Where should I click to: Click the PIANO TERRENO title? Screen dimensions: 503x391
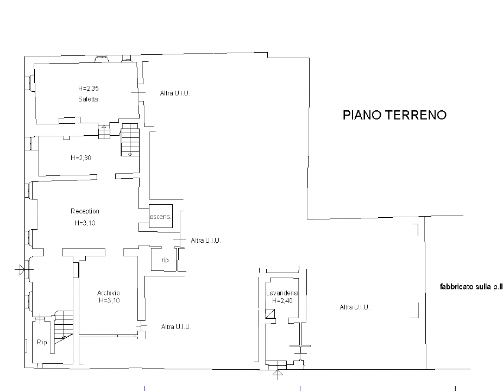(x=394, y=115)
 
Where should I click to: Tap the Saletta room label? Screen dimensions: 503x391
(x=88, y=99)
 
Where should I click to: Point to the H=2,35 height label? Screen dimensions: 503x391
(x=89, y=88)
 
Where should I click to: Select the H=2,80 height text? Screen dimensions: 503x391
(x=81, y=158)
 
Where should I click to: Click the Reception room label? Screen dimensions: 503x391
(x=85, y=211)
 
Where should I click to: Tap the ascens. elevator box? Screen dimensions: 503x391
(x=161, y=216)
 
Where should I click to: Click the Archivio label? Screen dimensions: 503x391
(x=109, y=293)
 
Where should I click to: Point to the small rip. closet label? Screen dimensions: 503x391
(x=166, y=260)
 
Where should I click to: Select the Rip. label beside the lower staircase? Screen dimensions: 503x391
(x=43, y=342)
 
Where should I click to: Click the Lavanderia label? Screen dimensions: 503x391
(x=282, y=293)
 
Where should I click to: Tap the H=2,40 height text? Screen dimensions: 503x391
(x=282, y=300)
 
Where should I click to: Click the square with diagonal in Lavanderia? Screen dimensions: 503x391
(x=270, y=314)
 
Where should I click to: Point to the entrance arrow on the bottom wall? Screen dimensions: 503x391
(x=278, y=374)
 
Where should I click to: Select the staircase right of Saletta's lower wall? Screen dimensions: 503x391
(x=130, y=140)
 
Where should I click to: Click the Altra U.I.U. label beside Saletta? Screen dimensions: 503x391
(x=175, y=93)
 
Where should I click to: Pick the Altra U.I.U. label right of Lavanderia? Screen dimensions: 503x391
(x=355, y=307)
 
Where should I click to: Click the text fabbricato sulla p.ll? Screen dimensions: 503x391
(x=471, y=287)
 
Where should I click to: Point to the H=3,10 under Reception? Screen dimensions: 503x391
(x=85, y=223)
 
